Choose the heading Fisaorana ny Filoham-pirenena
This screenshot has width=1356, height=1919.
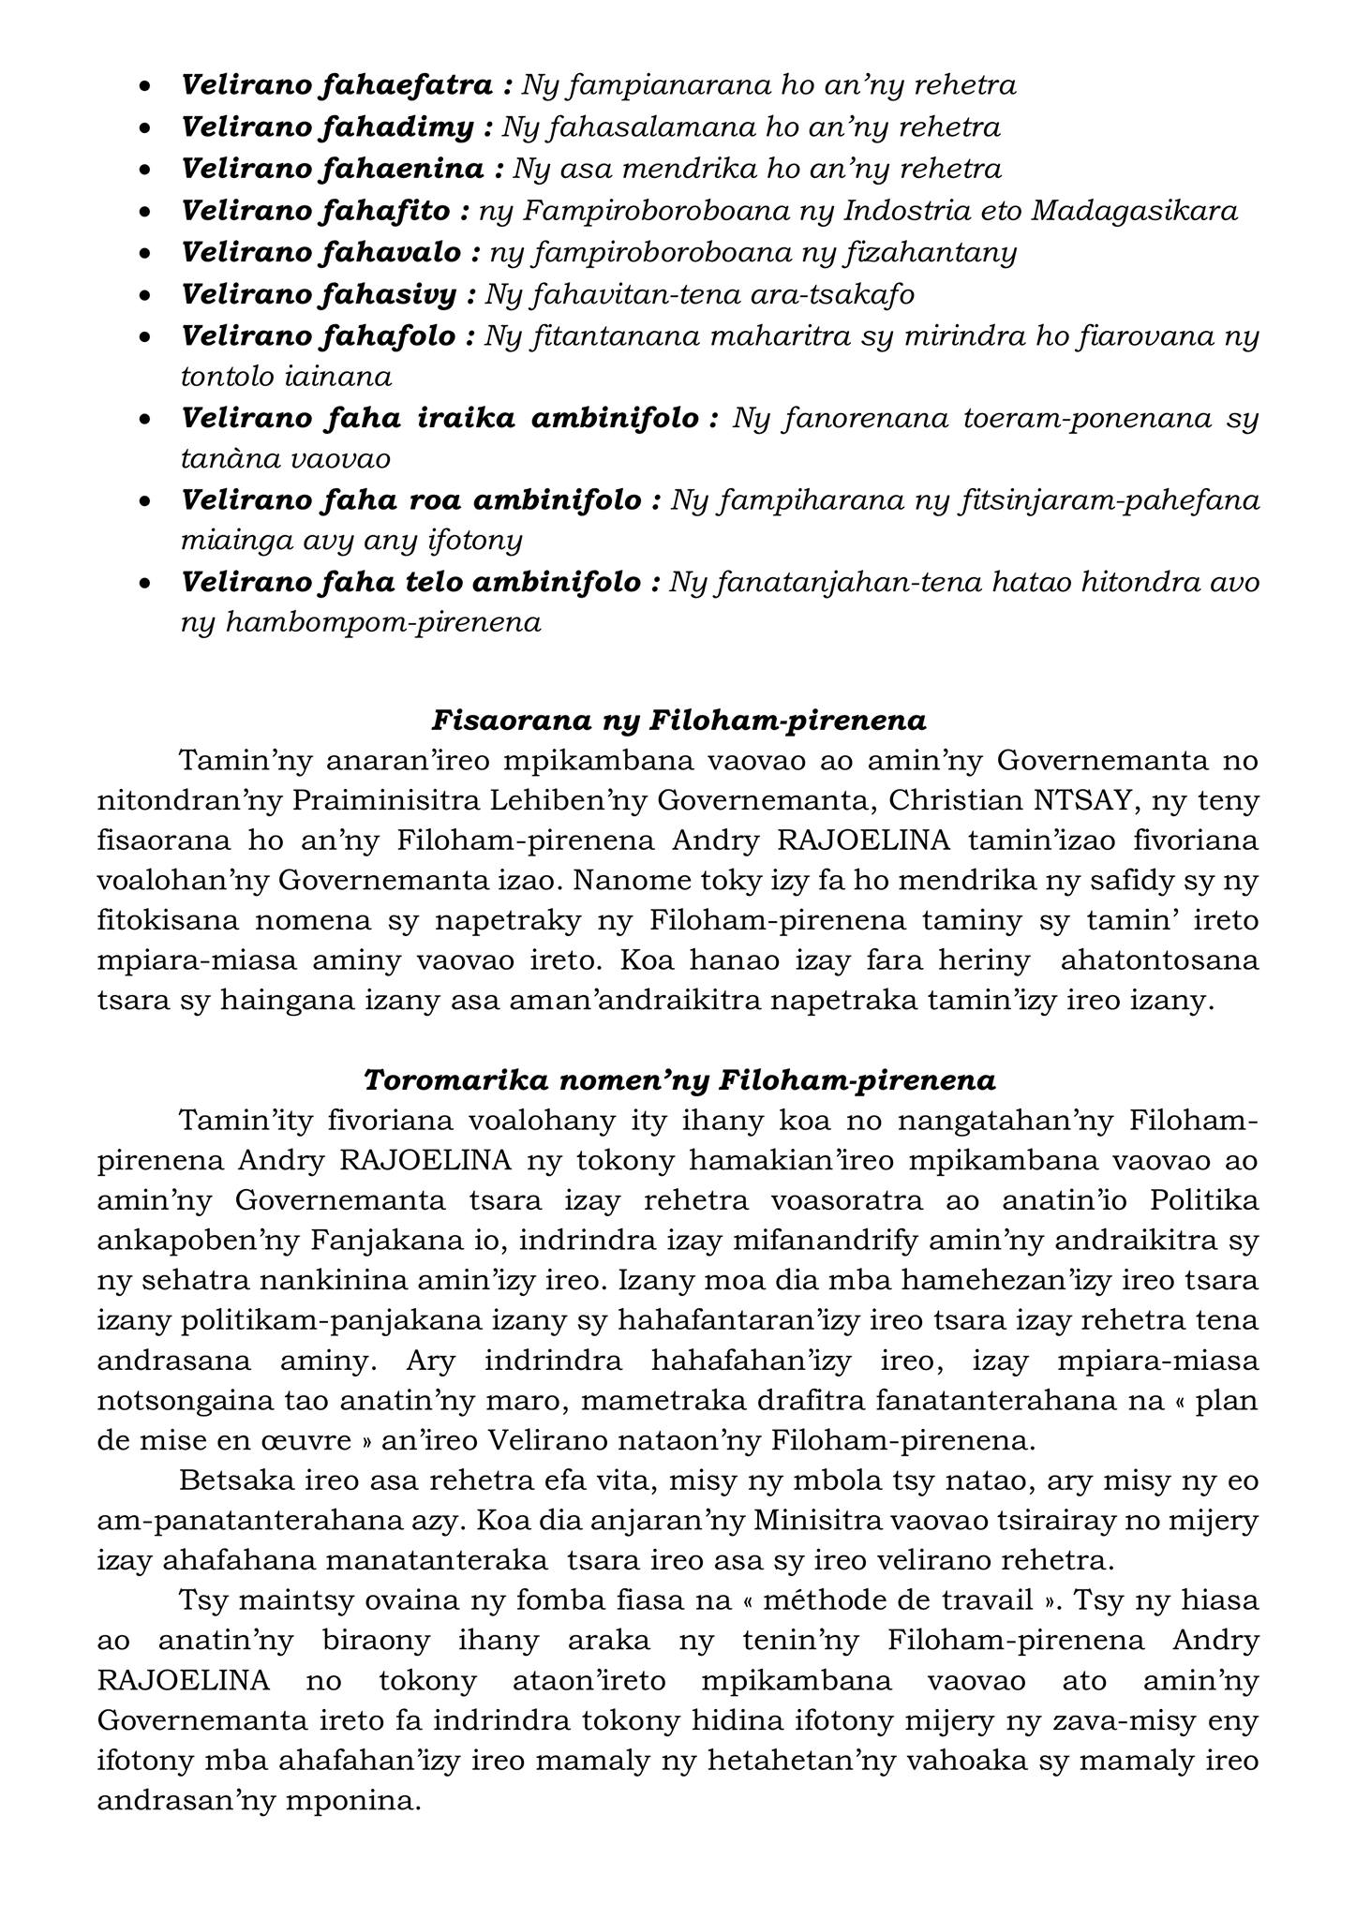(678, 721)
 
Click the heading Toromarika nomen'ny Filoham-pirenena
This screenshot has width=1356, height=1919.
(678, 1080)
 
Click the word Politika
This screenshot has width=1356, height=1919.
(1204, 1201)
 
